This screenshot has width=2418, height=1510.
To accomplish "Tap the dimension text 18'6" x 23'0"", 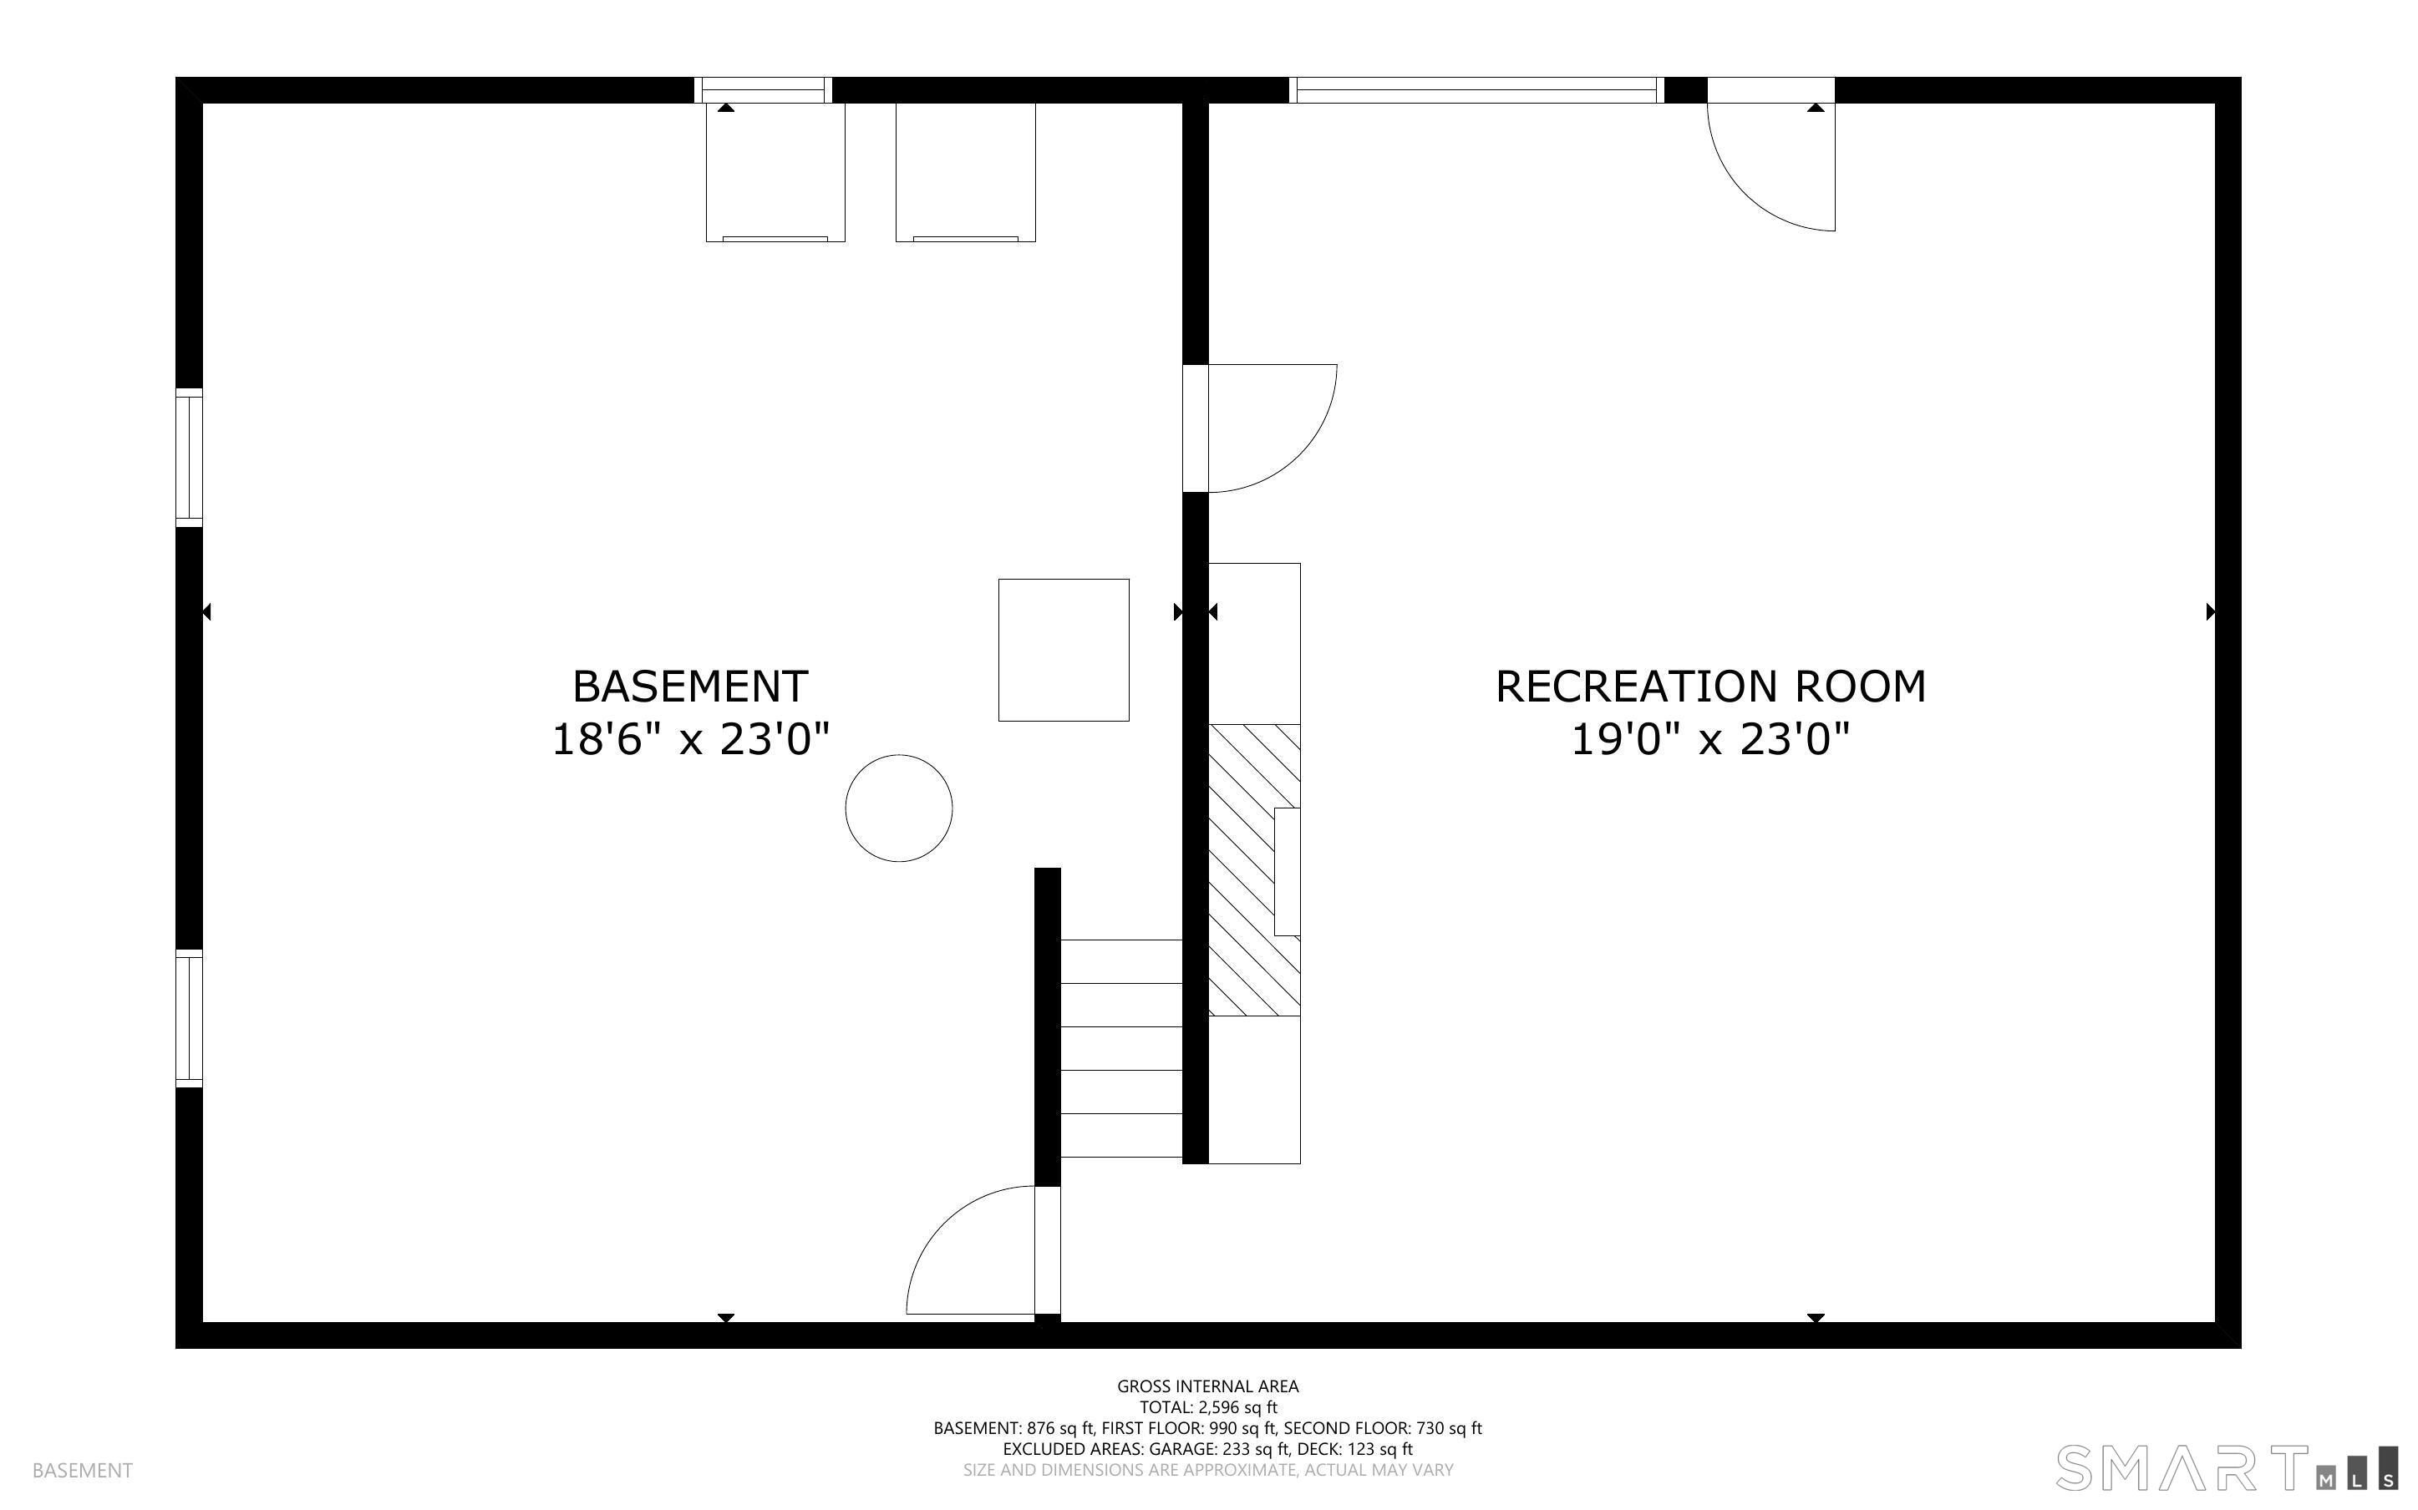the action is click(x=690, y=740).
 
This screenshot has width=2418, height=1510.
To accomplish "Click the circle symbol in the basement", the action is click(x=899, y=808).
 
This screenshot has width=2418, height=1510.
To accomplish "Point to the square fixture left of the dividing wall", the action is click(x=1064, y=650).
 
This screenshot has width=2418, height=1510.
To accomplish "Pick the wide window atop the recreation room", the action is click(x=1476, y=90).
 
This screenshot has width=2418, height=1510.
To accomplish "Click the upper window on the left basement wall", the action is click(x=190, y=458).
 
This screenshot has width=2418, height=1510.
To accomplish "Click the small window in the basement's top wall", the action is click(x=763, y=90).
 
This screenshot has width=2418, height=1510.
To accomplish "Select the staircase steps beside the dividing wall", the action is click(x=1121, y=1049).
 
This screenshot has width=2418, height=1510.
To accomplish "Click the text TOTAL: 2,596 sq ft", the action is click(x=1208, y=1407).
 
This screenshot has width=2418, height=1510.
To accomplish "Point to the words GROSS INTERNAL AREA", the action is click(x=1208, y=1386).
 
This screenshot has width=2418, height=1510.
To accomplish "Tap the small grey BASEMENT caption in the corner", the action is click(x=83, y=1470).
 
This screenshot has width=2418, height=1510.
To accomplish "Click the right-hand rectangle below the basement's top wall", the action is click(x=966, y=172).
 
